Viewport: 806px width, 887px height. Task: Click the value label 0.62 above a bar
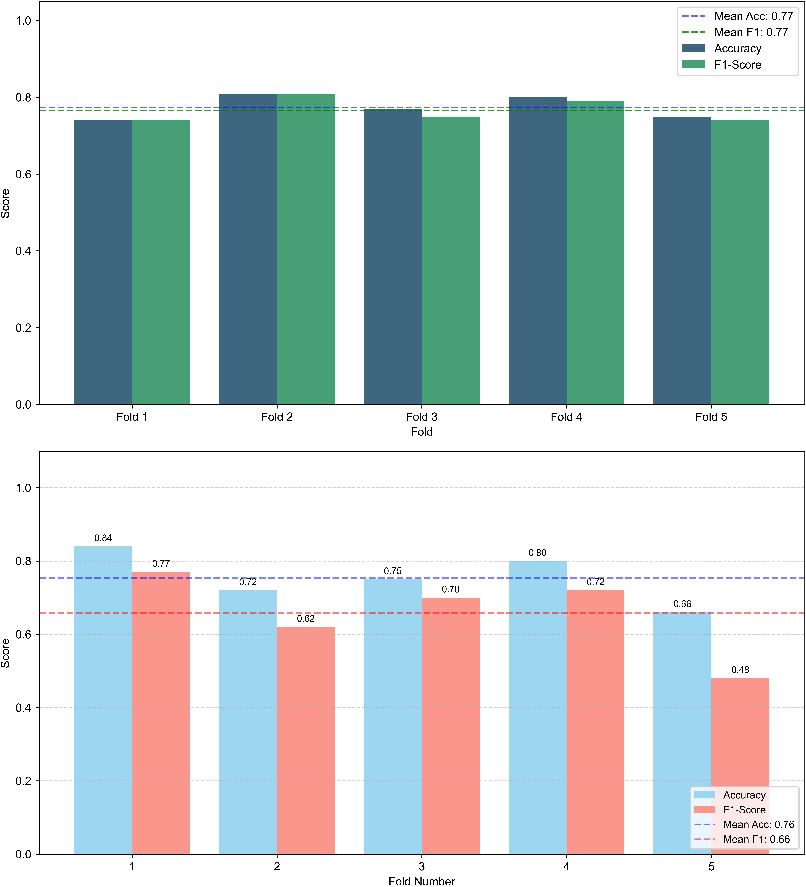tap(306, 619)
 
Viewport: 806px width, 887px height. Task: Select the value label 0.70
tap(451, 589)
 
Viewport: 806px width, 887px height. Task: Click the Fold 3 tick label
tap(422, 417)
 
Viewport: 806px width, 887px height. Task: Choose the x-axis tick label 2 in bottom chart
tap(277, 866)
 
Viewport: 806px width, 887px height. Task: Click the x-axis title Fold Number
tap(422, 881)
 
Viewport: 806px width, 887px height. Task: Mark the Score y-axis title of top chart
tap(5, 203)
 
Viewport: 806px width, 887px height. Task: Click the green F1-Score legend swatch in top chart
tap(693, 65)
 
